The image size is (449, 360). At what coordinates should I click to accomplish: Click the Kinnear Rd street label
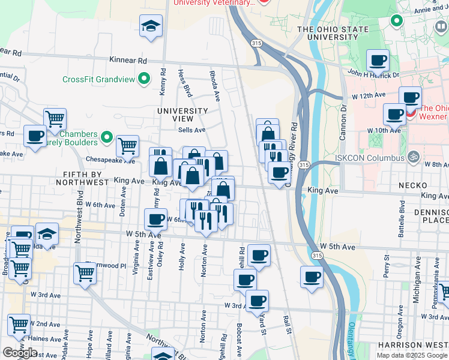click(128, 61)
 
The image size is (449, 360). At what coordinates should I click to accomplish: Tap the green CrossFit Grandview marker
click(144, 79)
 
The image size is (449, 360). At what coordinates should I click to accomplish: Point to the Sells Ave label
click(191, 130)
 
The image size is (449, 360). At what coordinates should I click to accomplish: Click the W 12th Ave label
click(368, 96)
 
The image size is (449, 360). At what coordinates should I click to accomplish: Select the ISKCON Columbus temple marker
click(412, 158)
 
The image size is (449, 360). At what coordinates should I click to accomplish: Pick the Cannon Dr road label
click(343, 124)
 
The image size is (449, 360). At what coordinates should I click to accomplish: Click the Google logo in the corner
click(20, 353)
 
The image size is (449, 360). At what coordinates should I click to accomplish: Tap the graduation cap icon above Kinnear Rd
click(151, 26)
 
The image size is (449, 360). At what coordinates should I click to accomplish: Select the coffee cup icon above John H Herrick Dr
click(378, 60)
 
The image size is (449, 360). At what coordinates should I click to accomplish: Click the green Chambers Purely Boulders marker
click(107, 138)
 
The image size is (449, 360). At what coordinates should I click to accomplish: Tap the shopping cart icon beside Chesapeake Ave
click(127, 145)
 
